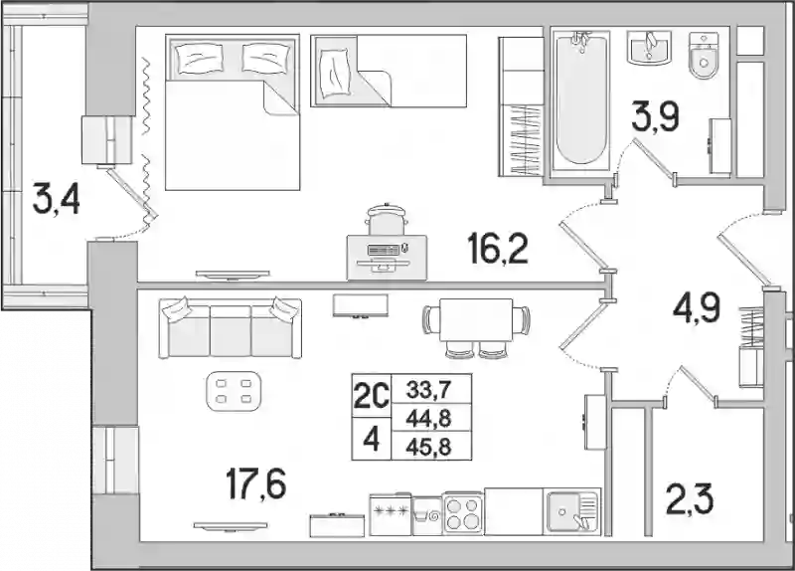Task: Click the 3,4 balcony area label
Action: (56, 200)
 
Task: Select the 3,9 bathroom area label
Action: (655, 117)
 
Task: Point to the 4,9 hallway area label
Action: (697, 307)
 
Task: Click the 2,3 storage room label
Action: (690, 498)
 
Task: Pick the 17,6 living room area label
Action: (256, 483)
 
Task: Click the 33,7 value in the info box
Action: (428, 391)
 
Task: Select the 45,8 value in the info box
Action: (428, 448)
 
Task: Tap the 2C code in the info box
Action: (371, 397)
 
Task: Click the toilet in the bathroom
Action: (704, 56)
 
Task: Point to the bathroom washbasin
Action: (649, 47)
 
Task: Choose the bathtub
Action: (580, 97)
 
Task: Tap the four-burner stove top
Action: (463, 513)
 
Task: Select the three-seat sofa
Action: (231, 328)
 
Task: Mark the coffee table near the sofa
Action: (234, 391)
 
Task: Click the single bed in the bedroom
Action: (389, 71)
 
